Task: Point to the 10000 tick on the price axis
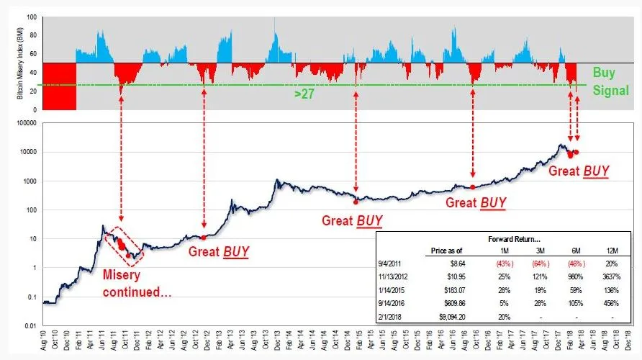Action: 28,153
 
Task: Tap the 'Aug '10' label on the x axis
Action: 45,344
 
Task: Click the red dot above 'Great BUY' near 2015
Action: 356,202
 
